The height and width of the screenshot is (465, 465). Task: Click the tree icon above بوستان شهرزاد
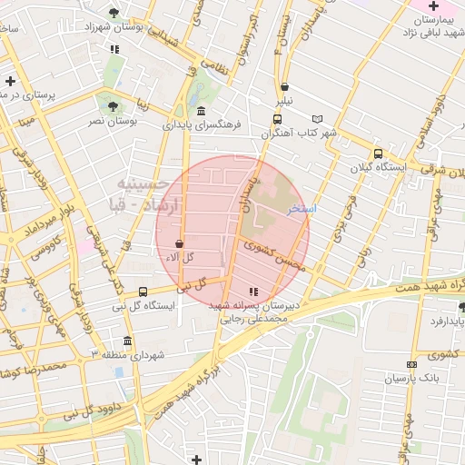pyautogui.click(x=113, y=13)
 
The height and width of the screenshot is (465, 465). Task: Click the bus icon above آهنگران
pyautogui.click(x=276, y=118)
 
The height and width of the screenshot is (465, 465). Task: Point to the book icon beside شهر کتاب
pyautogui.click(x=317, y=119)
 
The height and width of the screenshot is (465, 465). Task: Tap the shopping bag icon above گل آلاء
pyautogui.click(x=178, y=243)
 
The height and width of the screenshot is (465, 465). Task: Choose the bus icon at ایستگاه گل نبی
pyautogui.click(x=143, y=292)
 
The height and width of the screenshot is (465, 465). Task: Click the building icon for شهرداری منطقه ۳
pyautogui.click(x=126, y=341)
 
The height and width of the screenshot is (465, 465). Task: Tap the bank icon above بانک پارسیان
pyautogui.click(x=411, y=363)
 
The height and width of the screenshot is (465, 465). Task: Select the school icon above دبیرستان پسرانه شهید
pyautogui.click(x=252, y=292)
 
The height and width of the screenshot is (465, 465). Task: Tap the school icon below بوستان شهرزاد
pyautogui.click(x=114, y=49)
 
